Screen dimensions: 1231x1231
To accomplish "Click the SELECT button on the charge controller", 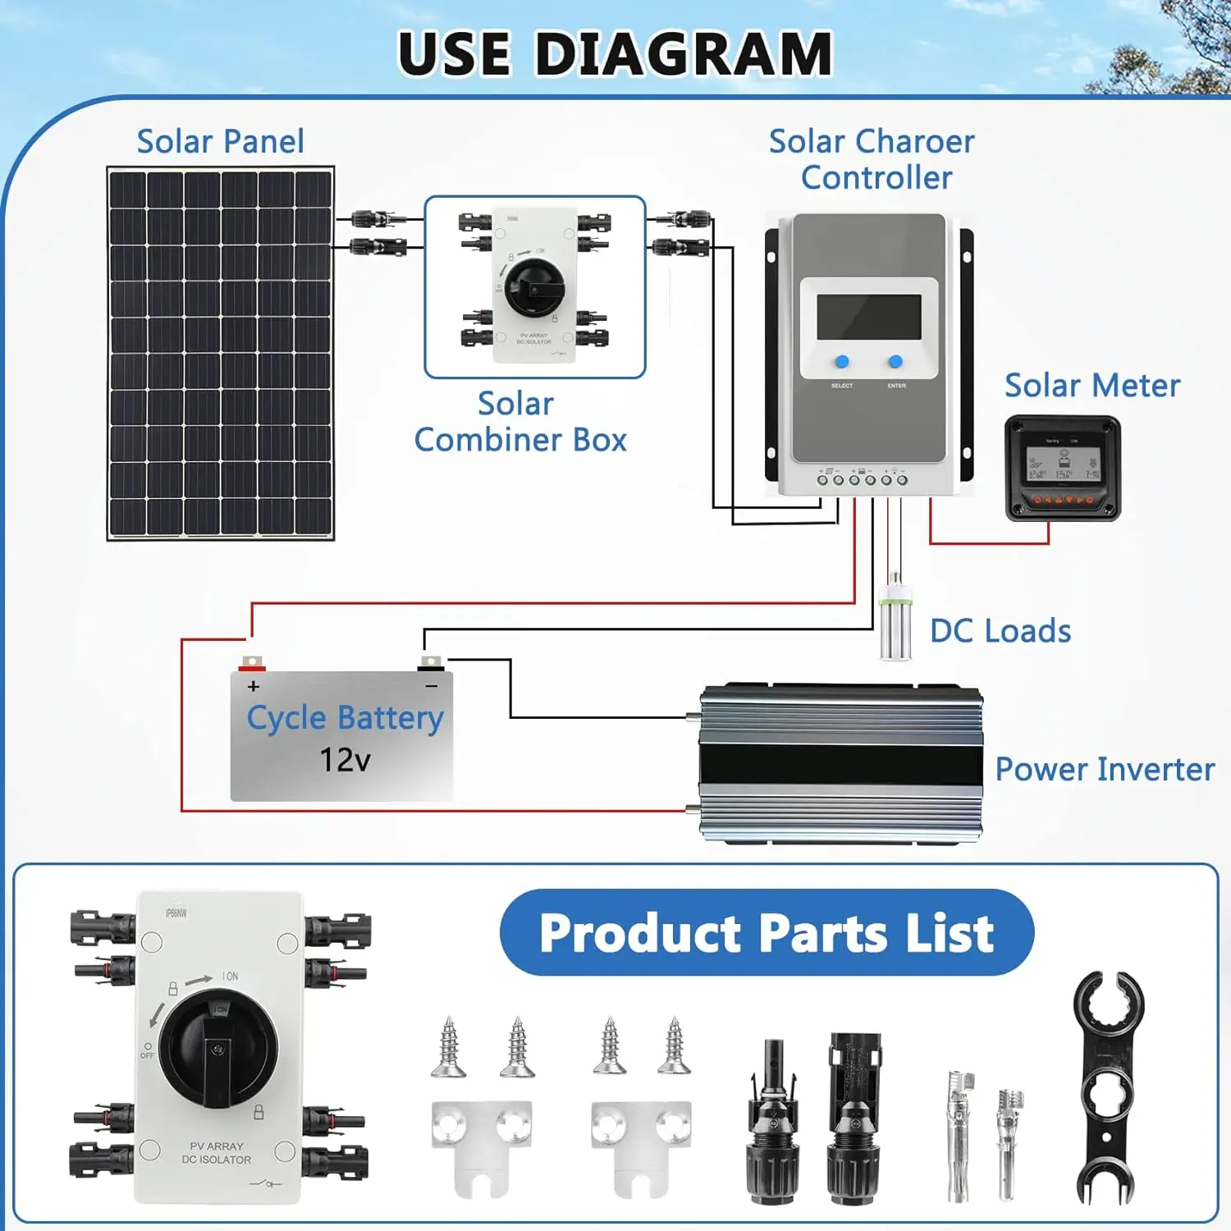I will click(x=842, y=362).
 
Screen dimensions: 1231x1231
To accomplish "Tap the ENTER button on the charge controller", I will click(x=895, y=362).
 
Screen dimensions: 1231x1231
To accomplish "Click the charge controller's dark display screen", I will click(x=869, y=317).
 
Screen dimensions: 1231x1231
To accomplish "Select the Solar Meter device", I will click(x=1063, y=469).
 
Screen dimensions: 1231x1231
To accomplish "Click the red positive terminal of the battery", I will click(x=251, y=663).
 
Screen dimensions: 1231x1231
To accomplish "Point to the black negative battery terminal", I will click(x=431, y=663).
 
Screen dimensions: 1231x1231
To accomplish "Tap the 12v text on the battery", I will click(x=345, y=760).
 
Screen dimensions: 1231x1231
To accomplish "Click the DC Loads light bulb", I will click(x=895, y=620).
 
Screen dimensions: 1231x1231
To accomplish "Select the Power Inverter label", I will click(x=1104, y=770).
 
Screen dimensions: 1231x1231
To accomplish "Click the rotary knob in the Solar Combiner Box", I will click(x=535, y=287).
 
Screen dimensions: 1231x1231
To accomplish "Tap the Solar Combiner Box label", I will click(x=519, y=422).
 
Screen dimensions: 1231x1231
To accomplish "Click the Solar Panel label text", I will click(x=220, y=142).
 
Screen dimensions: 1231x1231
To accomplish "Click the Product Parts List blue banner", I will click(x=767, y=933).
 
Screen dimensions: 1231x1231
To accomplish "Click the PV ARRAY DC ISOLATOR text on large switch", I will click(x=217, y=1153).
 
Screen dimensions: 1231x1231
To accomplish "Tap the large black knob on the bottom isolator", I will click(x=217, y=1047).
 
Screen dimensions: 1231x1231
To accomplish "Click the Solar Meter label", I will click(x=1092, y=386).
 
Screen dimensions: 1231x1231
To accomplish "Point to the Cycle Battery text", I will click(x=345, y=719).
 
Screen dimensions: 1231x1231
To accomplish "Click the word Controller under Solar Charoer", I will click(x=876, y=178).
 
